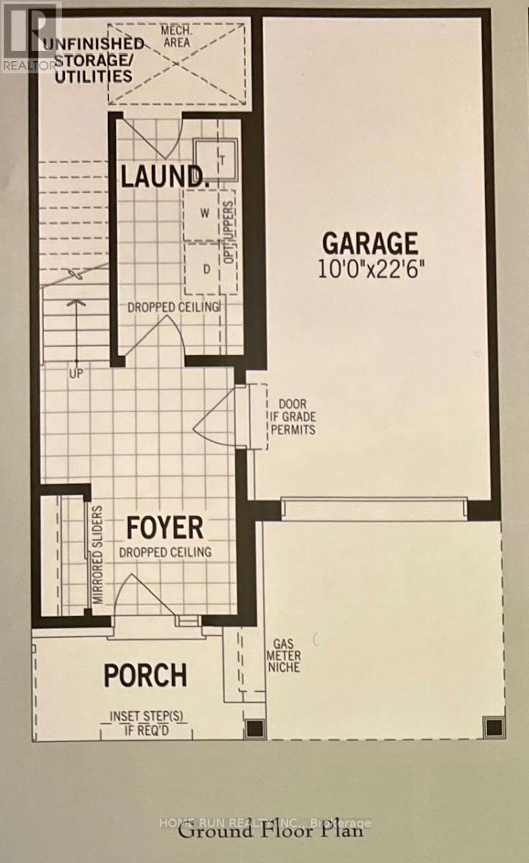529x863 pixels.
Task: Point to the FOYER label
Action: click(x=165, y=527)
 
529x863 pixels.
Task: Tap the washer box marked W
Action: click(x=204, y=213)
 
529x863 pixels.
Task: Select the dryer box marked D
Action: click(x=207, y=270)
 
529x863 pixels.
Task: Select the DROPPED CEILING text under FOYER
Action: click(x=165, y=552)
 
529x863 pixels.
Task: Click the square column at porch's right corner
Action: click(x=253, y=729)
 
